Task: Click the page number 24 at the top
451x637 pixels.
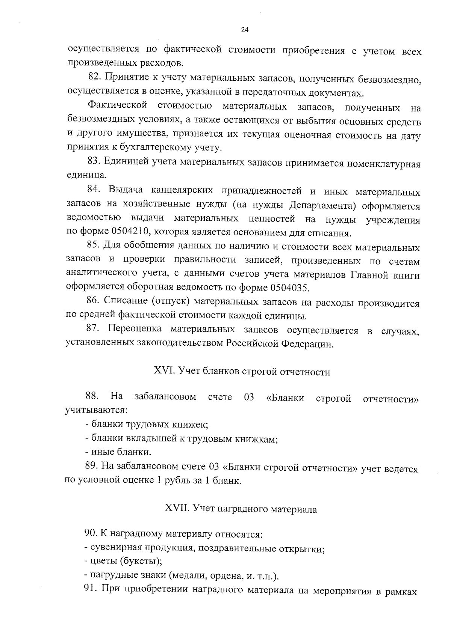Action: click(244, 30)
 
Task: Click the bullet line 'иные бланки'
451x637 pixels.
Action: click(118, 452)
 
